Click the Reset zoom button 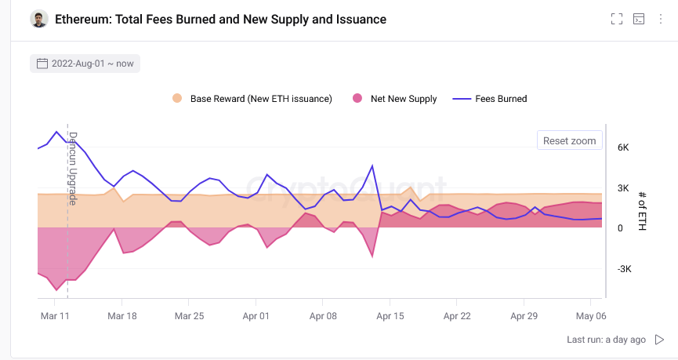[x=570, y=141]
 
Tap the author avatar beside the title [x=39, y=19]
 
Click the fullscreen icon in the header [x=617, y=20]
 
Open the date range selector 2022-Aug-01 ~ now [x=85, y=64]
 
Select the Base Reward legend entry [x=252, y=99]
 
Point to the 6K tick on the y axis [x=623, y=147]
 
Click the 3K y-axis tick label [x=623, y=187]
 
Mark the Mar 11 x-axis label [x=55, y=316]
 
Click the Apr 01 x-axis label [x=256, y=316]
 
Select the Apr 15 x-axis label [x=390, y=316]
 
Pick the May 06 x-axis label [x=590, y=316]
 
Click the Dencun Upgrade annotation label [x=73, y=168]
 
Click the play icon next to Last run [x=660, y=340]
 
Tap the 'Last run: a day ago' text [x=606, y=340]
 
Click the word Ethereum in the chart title [x=82, y=19]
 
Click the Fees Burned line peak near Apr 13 [x=372, y=165]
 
